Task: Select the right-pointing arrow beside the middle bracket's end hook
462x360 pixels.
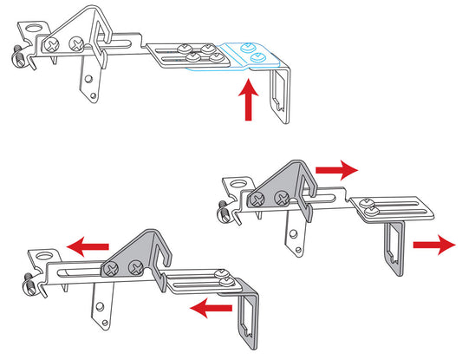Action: point(433,245)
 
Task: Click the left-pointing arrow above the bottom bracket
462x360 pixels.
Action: point(89,248)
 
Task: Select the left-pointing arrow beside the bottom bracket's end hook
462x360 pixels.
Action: point(211,305)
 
